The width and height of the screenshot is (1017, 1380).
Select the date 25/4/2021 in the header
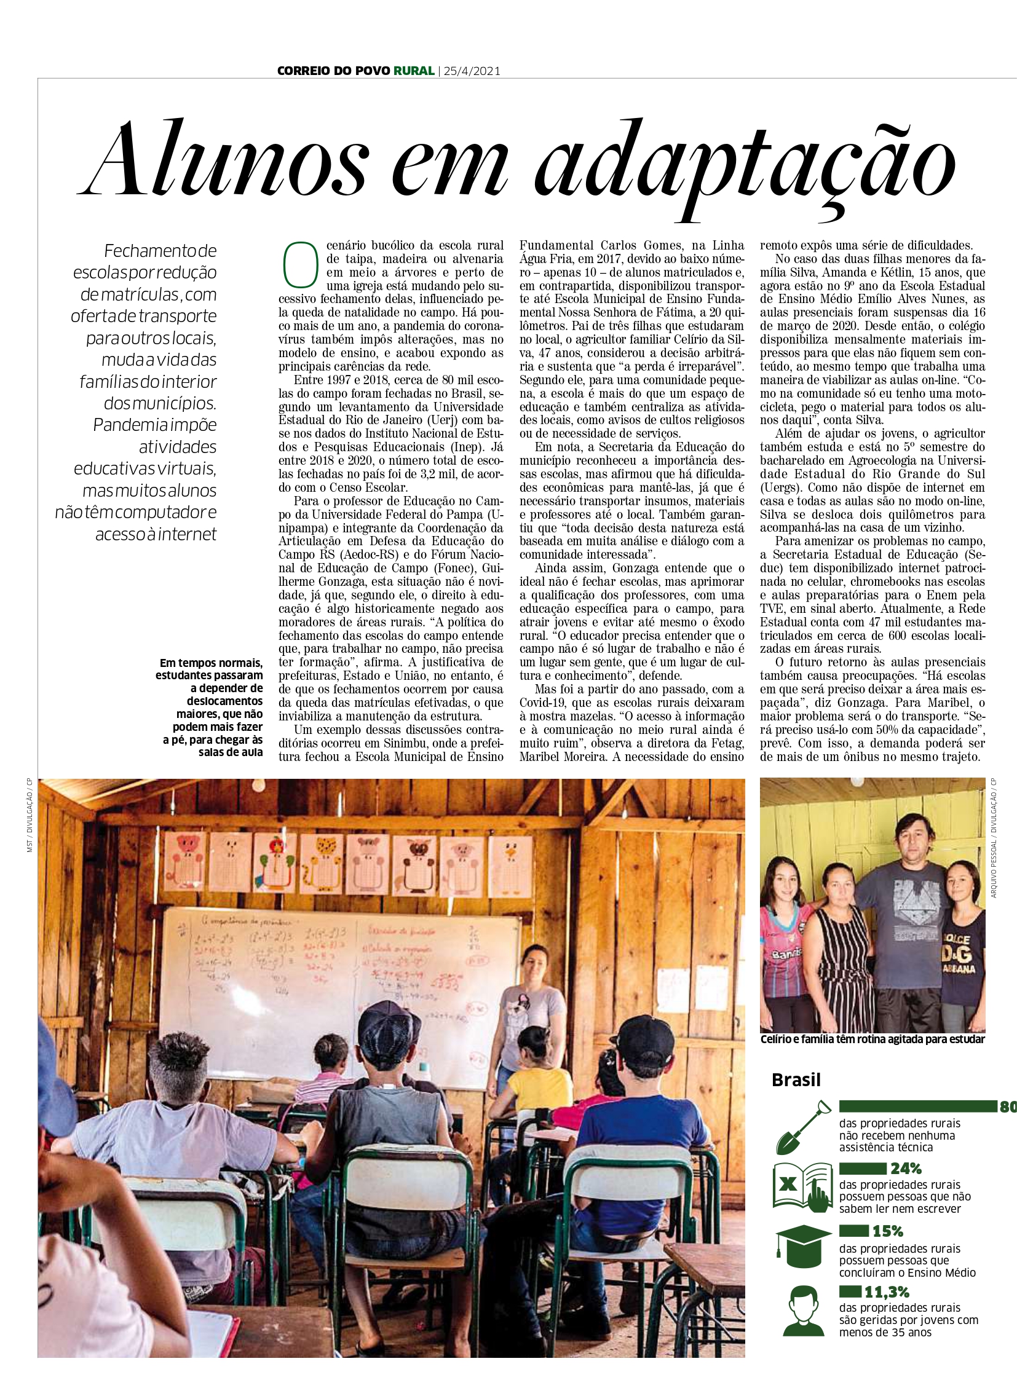(x=471, y=71)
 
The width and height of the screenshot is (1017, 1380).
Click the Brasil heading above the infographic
(x=796, y=1079)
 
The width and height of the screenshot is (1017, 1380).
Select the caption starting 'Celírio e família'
(x=873, y=1039)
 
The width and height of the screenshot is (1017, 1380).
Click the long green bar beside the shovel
(x=918, y=1106)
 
